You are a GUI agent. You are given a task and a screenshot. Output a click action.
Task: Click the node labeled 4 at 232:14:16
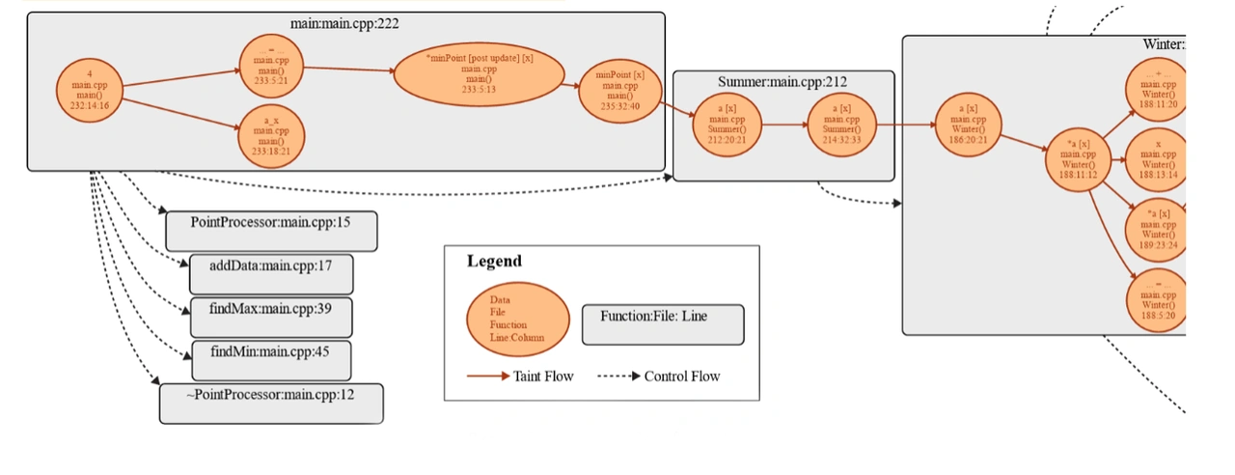pyautogui.click(x=90, y=90)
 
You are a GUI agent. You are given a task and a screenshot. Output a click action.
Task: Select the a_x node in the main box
pyautogui.click(x=271, y=136)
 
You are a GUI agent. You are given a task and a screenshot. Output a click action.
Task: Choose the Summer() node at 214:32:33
pyautogui.click(x=841, y=125)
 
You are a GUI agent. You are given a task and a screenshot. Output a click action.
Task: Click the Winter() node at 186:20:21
pyautogui.click(x=968, y=125)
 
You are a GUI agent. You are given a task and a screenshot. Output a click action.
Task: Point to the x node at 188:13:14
pyautogui.click(x=1157, y=158)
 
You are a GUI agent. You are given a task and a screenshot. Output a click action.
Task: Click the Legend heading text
pyautogui.click(x=494, y=261)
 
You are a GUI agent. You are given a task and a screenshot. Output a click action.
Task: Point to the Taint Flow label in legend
pyautogui.click(x=544, y=376)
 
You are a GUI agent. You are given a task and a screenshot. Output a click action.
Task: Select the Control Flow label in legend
pyautogui.click(x=681, y=376)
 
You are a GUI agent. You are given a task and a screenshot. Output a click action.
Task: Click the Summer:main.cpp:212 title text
pyautogui.click(x=782, y=82)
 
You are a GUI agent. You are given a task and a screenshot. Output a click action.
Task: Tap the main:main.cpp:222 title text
pyautogui.click(x=345, y=22)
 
